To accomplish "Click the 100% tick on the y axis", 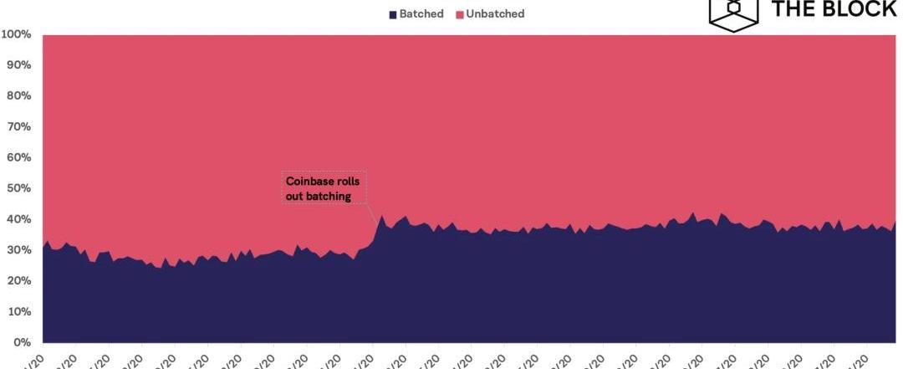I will (16, 35).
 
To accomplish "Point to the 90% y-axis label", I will (18, 65).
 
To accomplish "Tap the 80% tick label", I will (18, 96).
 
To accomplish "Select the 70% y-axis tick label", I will (18, 127).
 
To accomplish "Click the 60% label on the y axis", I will (18, 158).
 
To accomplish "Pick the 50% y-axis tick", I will (18, 188).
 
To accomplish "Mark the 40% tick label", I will (18, 219).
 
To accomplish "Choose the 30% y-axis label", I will (18, 250).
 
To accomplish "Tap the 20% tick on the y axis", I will (18, 281).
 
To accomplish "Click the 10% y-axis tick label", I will (18, 311).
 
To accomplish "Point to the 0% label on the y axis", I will (21, 342).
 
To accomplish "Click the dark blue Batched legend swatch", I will (392, 14).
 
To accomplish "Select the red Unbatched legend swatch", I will (460, 14).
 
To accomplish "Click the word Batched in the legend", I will (421, 14).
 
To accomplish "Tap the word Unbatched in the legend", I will (496, 14).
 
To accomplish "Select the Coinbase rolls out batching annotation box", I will (324, 188).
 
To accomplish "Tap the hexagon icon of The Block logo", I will (734, 13).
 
